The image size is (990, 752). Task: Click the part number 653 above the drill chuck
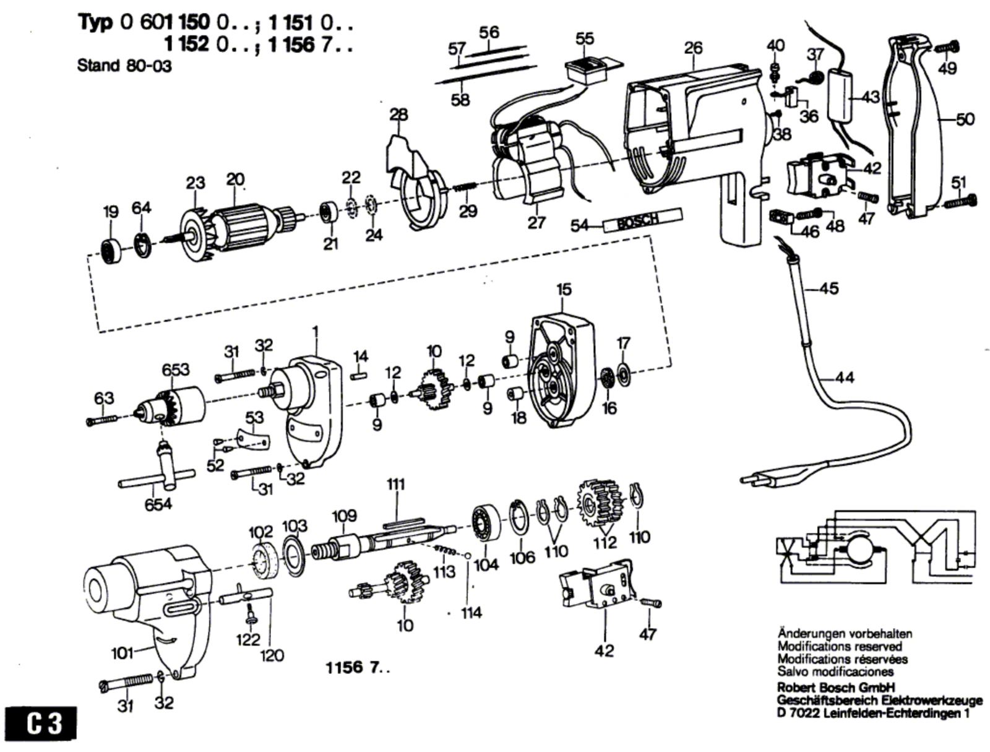point(176,370)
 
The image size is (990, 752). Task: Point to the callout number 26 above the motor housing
point(694,48)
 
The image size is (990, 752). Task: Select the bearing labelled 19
point(113,248)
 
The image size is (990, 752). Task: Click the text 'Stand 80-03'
point(124,66)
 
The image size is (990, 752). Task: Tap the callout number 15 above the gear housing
point(563,289)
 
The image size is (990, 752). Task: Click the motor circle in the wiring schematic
point(858,548)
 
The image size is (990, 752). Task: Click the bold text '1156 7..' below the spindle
point(358,668)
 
